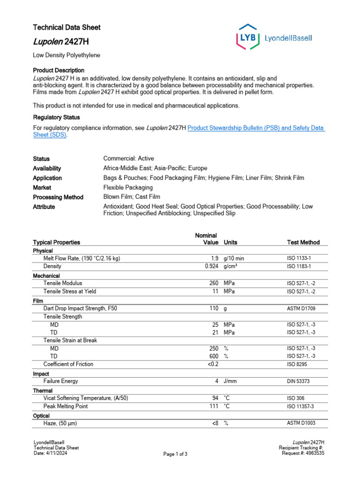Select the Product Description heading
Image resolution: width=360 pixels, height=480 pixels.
(x=59, y=70)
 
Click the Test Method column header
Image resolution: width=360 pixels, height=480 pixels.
(x=303, y=242)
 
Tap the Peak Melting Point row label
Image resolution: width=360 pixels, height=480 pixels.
(x=66, y=406)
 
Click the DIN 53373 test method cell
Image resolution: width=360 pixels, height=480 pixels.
(x=298, y=382)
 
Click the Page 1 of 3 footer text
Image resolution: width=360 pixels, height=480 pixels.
(x=175, y=454)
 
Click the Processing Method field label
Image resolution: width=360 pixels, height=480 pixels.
(x=58, y=197)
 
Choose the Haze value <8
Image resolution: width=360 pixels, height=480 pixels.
(x=214, y=423)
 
